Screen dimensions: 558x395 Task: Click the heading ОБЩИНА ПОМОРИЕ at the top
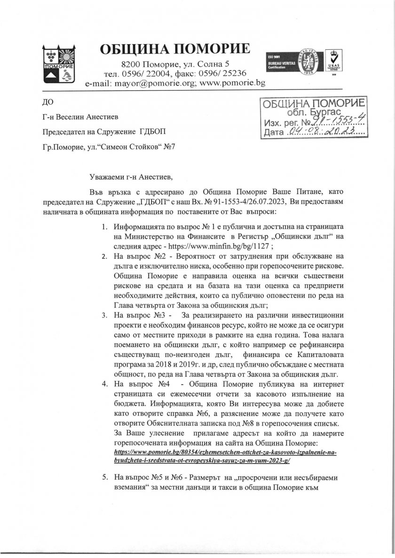[175, 49]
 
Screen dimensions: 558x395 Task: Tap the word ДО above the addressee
[47, 101]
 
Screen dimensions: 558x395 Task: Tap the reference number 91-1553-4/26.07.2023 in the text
[246, 201]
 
